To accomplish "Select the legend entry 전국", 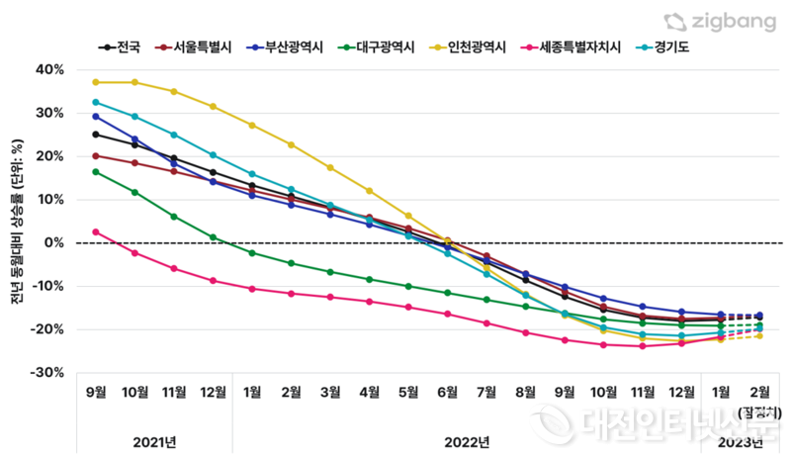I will pos(121,46).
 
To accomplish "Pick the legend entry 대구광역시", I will pos(377,46).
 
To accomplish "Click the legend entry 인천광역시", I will pos(469,46).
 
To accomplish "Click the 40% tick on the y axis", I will pos(49,69).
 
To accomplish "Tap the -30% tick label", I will pos(47,373).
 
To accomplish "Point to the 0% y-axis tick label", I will pos(53,243).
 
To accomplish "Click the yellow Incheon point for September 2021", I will pos(96,82).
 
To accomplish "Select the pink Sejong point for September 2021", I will pos(96,231).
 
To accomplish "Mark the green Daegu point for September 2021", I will pos(96,172).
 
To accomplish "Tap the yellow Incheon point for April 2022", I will pos(370,191).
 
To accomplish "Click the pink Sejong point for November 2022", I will pos(643,346).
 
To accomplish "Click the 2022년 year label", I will pos(467,440).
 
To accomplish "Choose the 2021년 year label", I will pos(154,440).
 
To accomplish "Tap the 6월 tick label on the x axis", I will pos(447,393).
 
